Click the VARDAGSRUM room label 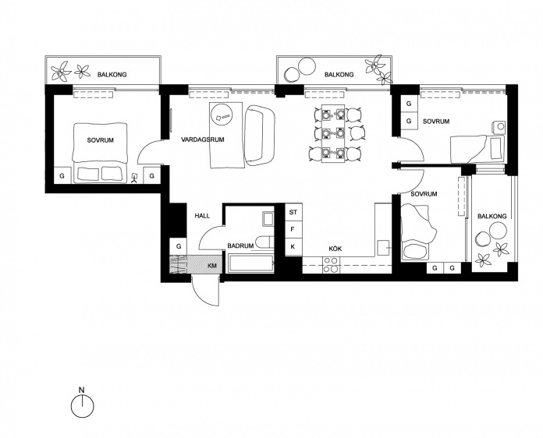[x=203, y=140]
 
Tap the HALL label [x=202, y=216]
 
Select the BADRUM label [x=240, y=246]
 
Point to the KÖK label [x=335, y=249]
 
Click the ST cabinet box [x=293, y=212]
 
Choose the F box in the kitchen [x=293, y=229]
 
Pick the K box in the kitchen [x=293, y=247]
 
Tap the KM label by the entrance [x=212, y=266]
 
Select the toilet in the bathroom [x=264, y=242]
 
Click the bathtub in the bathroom [x=250, y=263]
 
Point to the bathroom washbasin [x=268, y=219]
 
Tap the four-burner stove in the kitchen [x=331, y=265]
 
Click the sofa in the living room [x=260, y=135]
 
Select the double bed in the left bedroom [x=99, y=153]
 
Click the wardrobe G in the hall [x=179, y=247]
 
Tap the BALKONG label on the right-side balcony [x=492, y=216]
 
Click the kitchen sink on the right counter [x=383, y=248]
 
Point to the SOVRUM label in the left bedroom [x=100, y=140]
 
